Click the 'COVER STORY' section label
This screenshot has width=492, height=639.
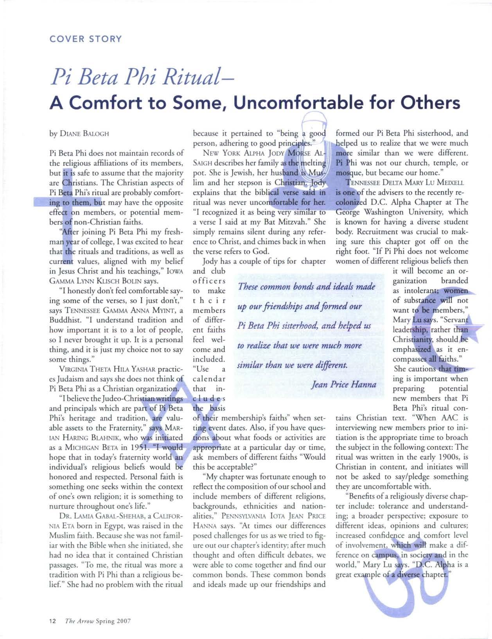click(x=86, y=39)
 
